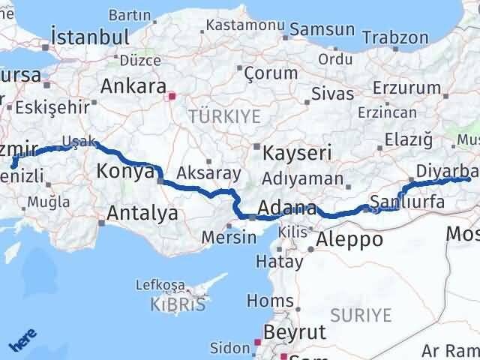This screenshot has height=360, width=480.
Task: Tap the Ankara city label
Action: click(x=133, y=85)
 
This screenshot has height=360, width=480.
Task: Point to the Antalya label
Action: click(x=142, y=214)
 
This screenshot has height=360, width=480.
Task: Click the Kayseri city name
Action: click(x=297, y=153)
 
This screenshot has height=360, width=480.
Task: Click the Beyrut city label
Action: click(x=294, y=332)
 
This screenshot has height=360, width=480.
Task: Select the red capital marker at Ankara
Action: click(x=172, y=96)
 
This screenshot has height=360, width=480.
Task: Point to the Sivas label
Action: click(x=333, y=94)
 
